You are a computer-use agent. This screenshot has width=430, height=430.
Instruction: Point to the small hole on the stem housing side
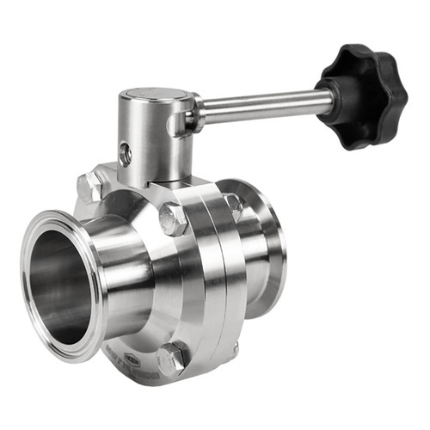point(126,156)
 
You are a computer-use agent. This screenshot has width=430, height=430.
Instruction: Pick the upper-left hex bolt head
point(88,187)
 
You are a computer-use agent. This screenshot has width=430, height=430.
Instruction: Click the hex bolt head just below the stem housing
point(173,219)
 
